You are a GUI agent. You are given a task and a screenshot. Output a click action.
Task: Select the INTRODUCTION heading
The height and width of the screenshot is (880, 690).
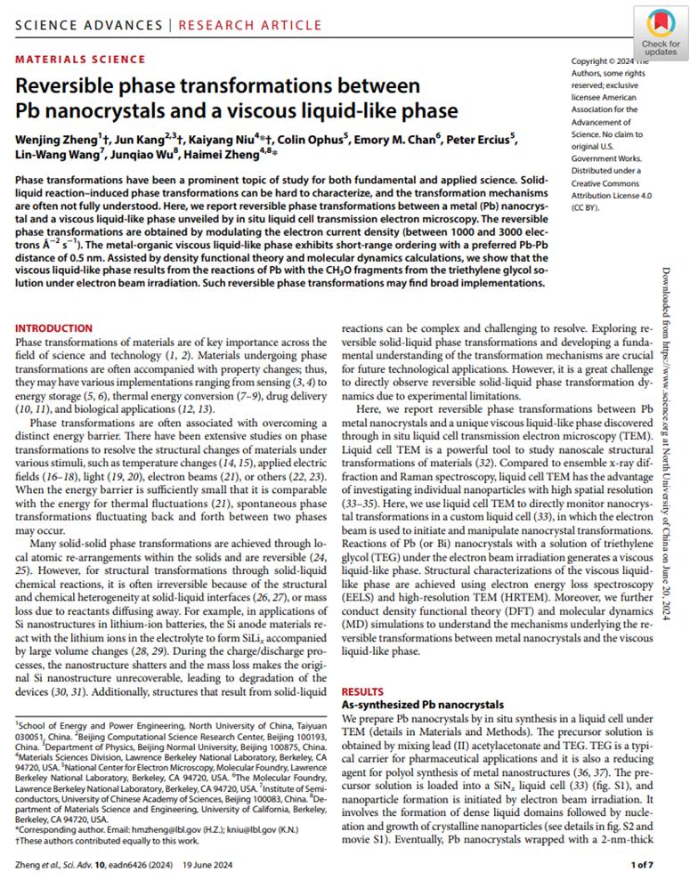[x=54, y=328]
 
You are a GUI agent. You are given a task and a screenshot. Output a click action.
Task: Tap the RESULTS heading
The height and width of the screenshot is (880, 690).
[x=363, y=690]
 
